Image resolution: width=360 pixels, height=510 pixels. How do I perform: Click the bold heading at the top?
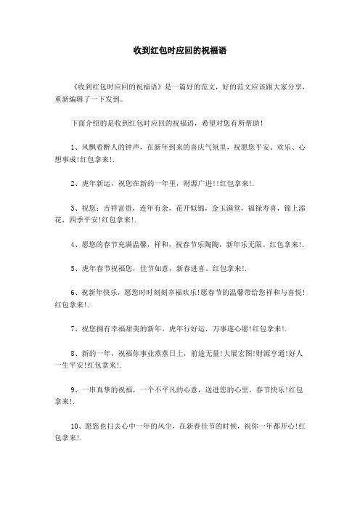180,52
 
